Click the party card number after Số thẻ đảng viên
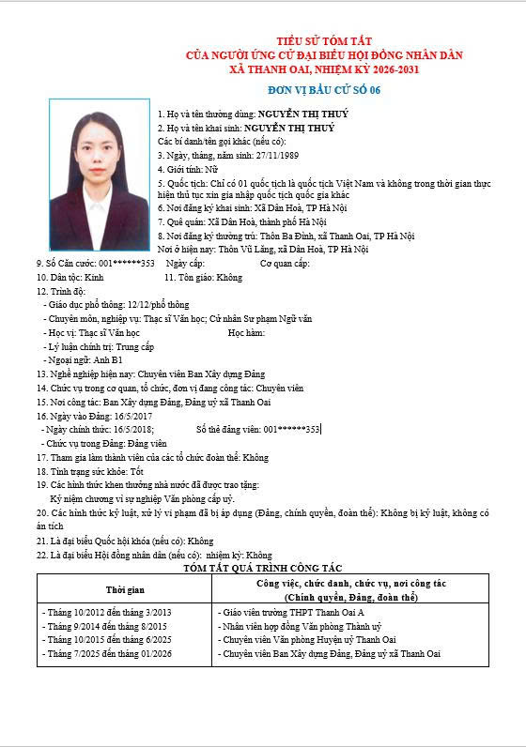click(292, 430)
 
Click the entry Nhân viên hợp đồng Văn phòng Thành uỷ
click(300, 626)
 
